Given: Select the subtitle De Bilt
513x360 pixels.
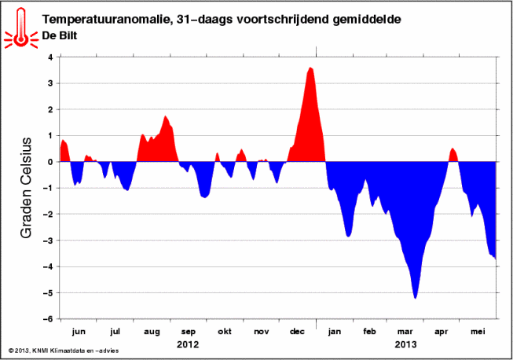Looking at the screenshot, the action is click(60, 35).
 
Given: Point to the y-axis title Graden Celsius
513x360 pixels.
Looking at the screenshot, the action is click(26, 188).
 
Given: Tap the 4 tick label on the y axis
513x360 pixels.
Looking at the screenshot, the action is click(50, 57).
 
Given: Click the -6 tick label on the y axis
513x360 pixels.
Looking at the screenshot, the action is click(48, 319).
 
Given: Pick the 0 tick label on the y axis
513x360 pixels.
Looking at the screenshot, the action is click(50, 162).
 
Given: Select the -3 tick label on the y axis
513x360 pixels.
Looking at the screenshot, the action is click(48, 241).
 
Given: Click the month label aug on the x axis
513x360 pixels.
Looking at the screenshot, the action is click(152, 332).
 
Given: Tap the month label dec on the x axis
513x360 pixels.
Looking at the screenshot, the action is click(297, 331).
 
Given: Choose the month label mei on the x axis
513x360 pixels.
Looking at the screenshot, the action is click(478, 331).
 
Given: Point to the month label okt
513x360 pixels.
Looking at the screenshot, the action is click(225, 331).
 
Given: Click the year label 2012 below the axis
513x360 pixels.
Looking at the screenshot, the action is click(188, 344).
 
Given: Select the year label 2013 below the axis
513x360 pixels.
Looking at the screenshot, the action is click(405, 344).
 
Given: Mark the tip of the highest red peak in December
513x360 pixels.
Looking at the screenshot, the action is click(310, 68).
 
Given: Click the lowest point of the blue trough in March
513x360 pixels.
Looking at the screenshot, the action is click(415, 298).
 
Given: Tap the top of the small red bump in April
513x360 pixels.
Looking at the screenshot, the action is click(453, 149).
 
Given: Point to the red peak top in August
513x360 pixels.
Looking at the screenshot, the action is click(166, 116).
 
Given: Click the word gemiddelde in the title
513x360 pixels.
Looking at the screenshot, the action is click(366, 20).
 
